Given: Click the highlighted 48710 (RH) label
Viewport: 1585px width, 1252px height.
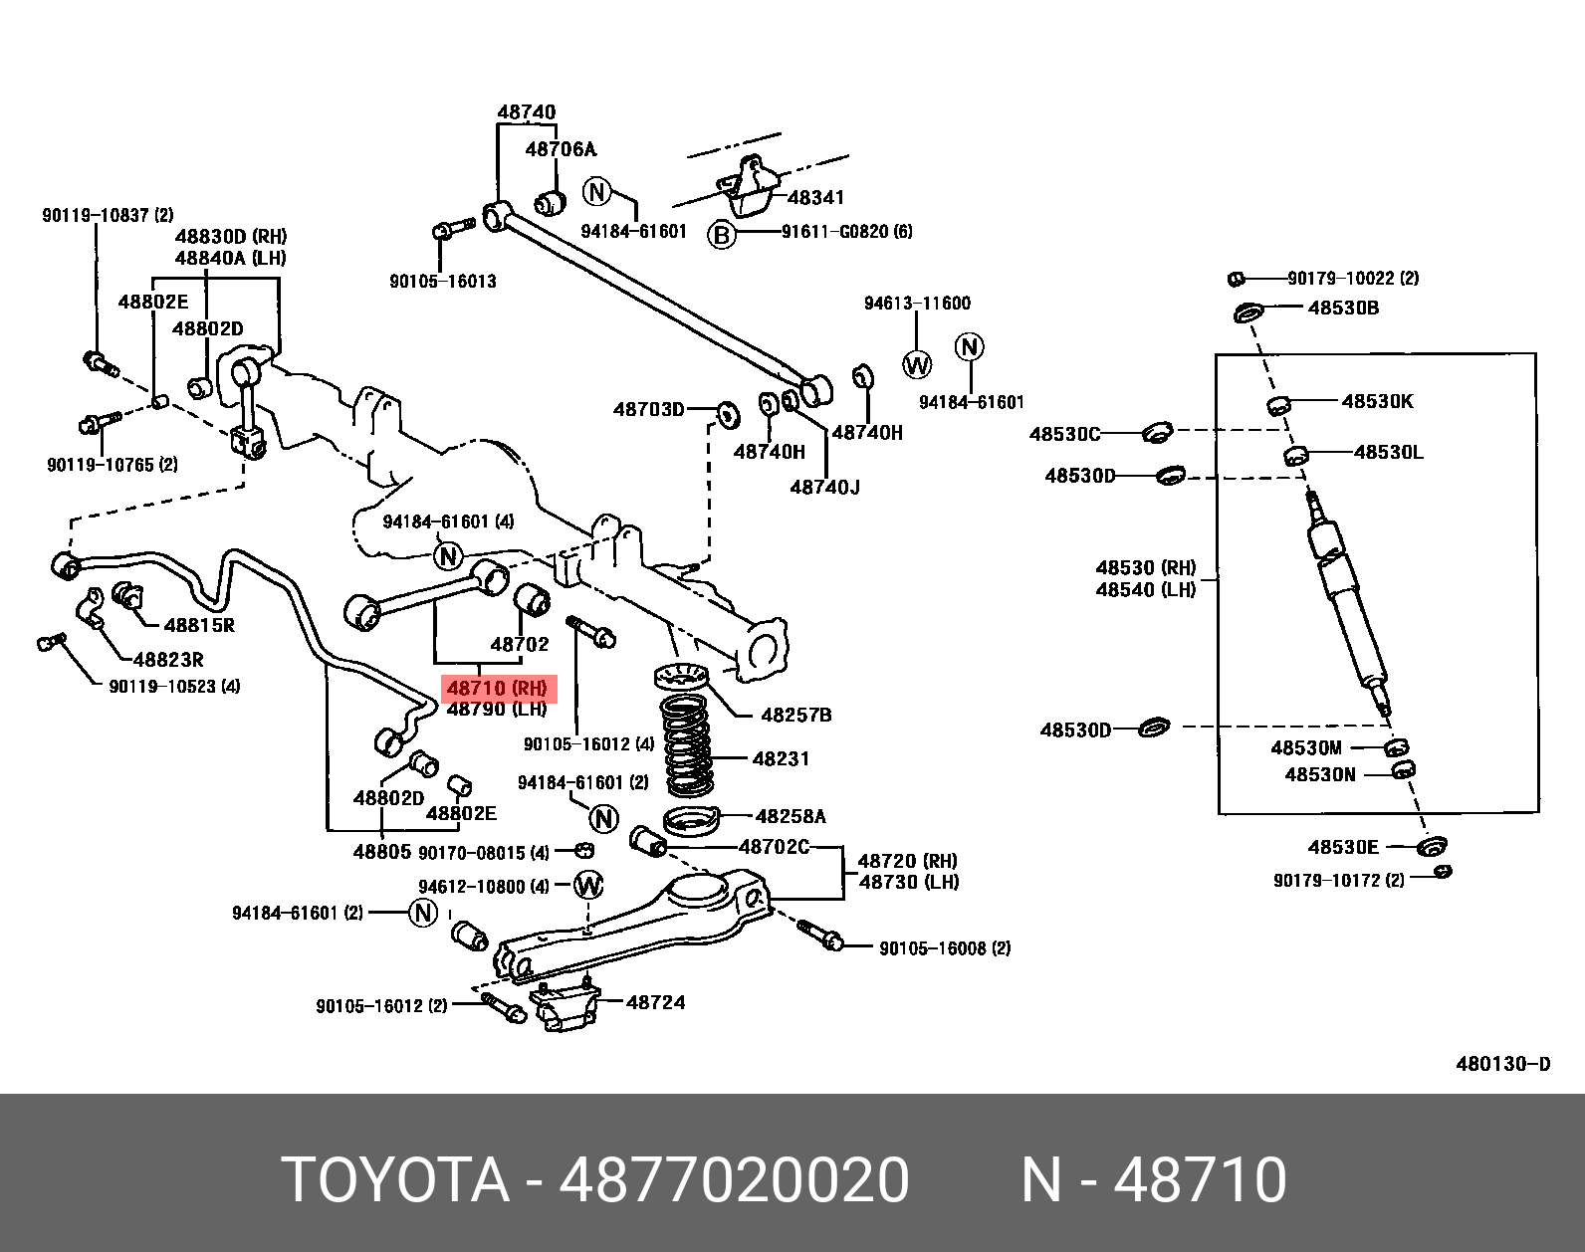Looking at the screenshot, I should coord(497,688).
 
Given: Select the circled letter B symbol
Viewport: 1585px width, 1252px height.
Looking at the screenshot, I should coord(721,235).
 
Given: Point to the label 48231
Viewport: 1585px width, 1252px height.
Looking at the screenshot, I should coord(781,758).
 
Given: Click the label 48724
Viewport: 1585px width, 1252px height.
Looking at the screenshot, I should coord(655,1002).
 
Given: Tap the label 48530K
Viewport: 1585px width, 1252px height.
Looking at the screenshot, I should coord(1377,401).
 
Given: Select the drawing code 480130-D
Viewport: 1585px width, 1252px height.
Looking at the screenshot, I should coord(1502,1064).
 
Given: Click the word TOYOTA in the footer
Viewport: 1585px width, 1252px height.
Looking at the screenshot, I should coord(395,1180).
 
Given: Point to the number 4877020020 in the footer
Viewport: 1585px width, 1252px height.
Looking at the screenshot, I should coord(734,1180).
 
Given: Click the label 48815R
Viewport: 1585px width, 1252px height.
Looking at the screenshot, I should coord(199,625).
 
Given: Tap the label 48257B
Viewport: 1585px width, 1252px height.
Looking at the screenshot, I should coord(795,715).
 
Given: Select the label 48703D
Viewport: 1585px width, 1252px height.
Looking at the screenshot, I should coord(648,409).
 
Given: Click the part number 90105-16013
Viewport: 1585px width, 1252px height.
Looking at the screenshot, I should coord(442,281).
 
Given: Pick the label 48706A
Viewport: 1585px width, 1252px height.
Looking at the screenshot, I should coord(560,149).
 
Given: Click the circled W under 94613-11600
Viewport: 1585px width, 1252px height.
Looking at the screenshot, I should coord(916,364).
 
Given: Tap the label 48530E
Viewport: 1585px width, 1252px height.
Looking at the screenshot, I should coord(1343,847).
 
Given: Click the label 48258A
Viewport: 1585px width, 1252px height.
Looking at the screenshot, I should coord(791,816).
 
